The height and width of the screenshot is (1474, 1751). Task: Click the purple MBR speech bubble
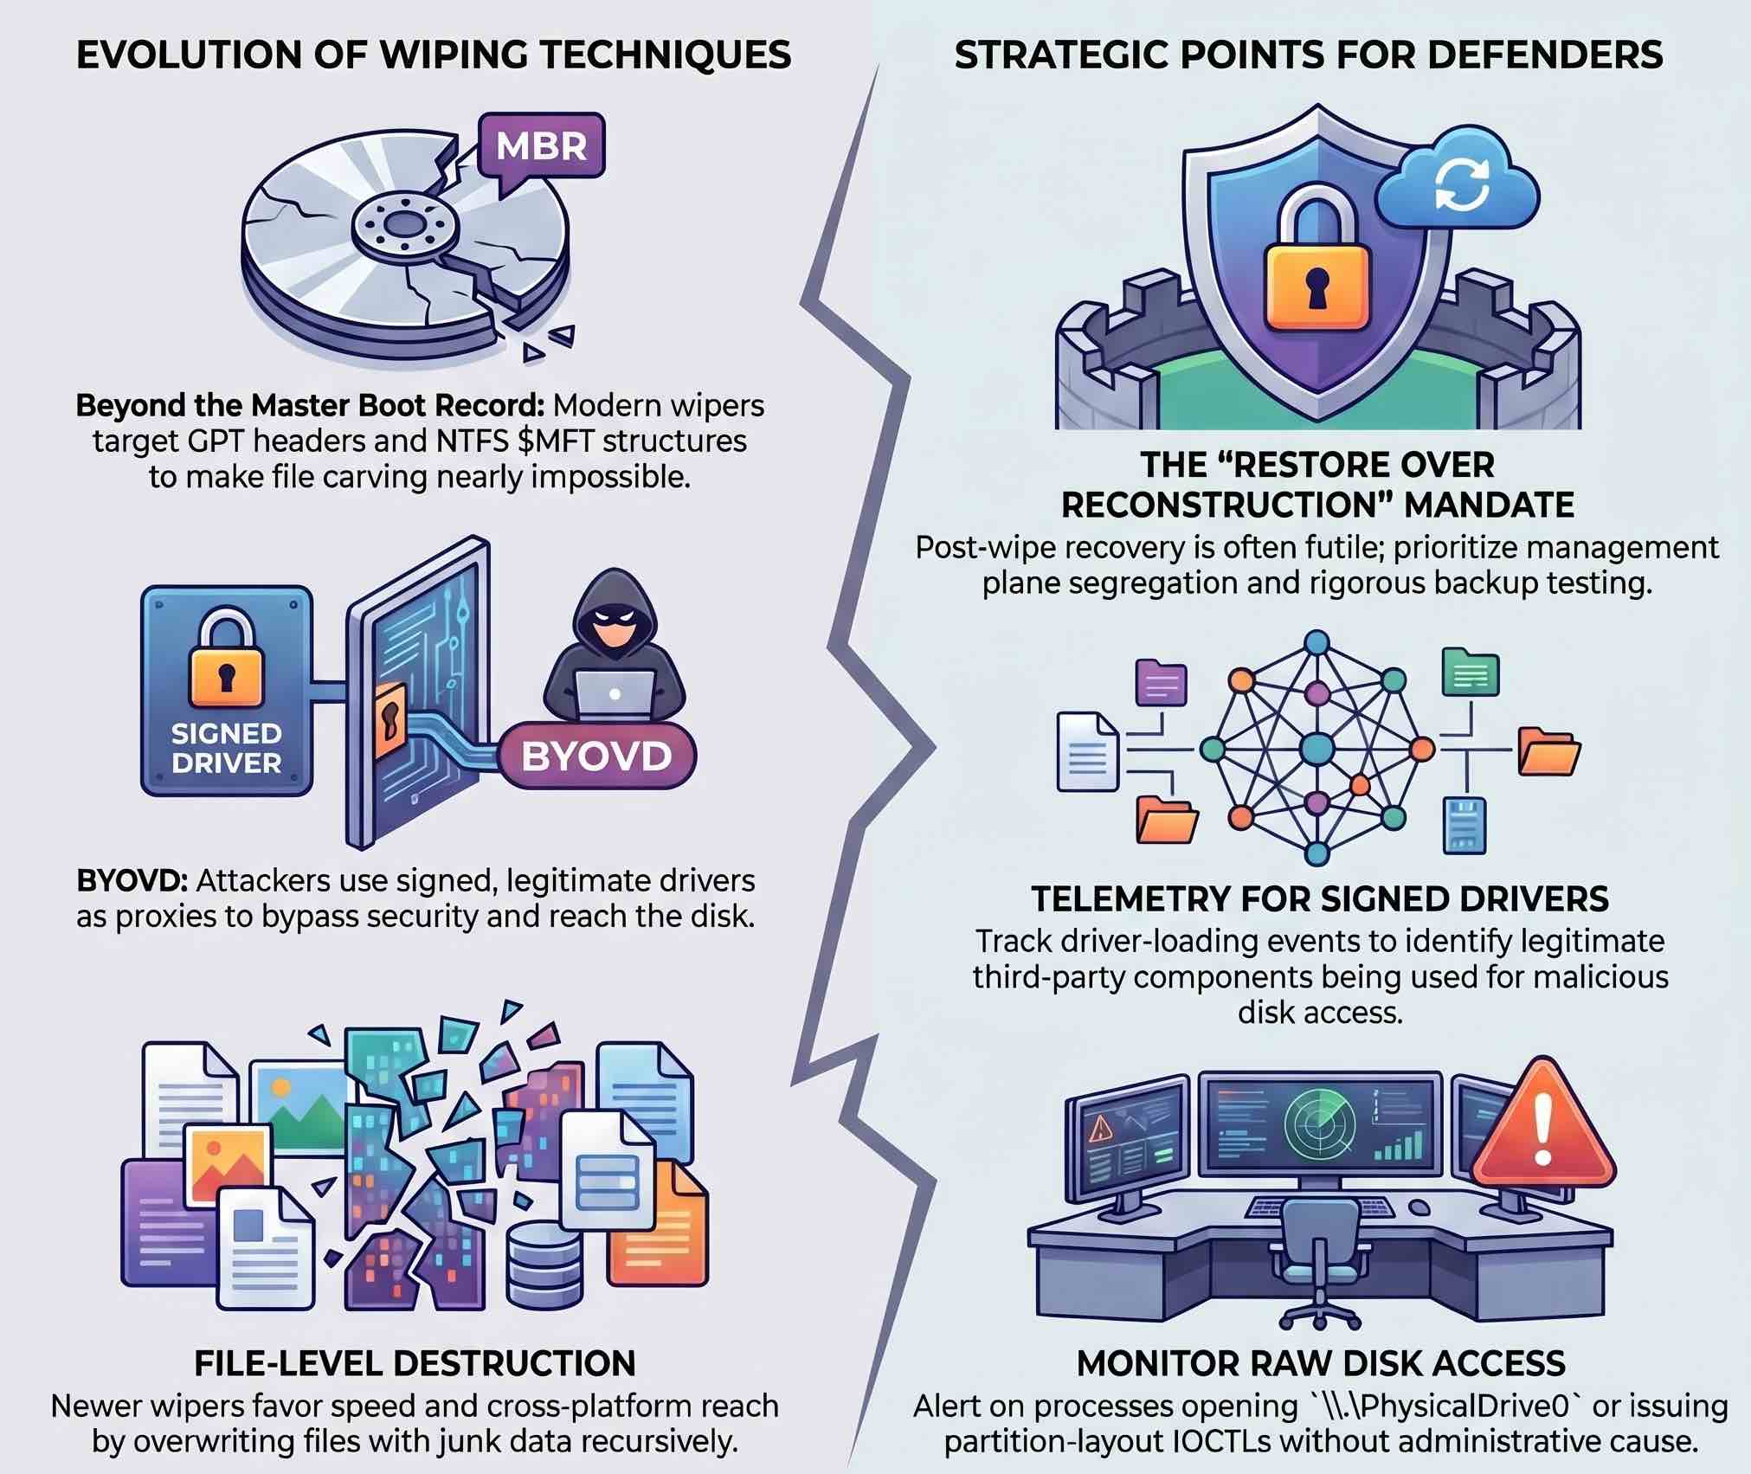541,145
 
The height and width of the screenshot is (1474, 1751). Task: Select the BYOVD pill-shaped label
597,756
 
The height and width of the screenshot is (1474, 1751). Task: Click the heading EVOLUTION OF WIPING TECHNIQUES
434,55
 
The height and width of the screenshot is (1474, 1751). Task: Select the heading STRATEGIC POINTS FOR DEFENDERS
1308,55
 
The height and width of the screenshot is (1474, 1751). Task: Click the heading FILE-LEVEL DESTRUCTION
415,1363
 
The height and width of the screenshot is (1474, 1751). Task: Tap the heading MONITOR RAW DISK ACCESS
1321,1363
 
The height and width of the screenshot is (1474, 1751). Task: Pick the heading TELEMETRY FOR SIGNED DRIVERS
1320,899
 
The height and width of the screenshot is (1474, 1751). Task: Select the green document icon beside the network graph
1471,672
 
